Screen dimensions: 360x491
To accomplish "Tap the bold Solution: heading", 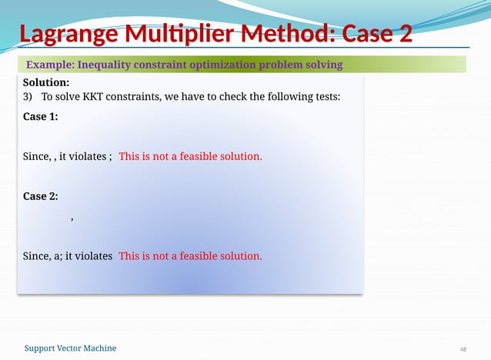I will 46,82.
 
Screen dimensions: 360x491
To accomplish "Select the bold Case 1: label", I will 40,117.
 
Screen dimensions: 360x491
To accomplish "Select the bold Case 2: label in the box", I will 40,196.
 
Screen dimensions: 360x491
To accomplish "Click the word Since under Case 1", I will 35,156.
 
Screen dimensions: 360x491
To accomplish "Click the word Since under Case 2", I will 35,255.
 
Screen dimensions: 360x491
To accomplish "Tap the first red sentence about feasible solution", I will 190,156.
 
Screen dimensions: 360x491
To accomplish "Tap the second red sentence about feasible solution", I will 190,255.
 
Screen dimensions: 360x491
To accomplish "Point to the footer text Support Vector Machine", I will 70,348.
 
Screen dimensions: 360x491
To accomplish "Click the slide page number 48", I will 463,349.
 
